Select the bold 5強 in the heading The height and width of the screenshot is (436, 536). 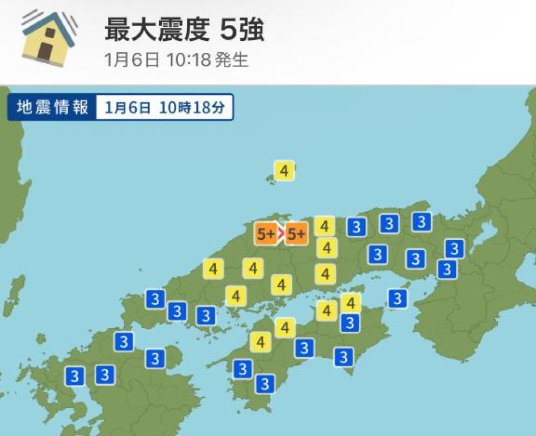242,31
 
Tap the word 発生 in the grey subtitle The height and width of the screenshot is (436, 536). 232,59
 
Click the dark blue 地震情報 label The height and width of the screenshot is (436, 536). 52,107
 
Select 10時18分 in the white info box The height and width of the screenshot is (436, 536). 192,107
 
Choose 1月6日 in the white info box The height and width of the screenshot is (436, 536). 128,107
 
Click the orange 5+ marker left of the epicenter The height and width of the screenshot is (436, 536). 267,234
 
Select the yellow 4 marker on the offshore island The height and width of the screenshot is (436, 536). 284,171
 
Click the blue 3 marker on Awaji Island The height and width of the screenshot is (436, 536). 398,298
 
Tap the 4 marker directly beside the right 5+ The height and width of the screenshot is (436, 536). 325,226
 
